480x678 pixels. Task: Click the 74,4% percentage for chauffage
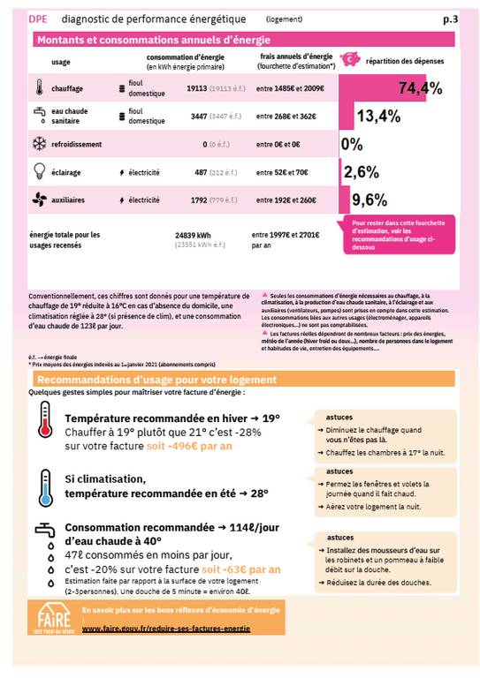pos(421,88)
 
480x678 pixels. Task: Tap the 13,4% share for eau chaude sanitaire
pos(378,116)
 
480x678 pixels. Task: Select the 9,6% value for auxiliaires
pos(370,199)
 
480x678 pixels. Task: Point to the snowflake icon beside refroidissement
pos(40,144)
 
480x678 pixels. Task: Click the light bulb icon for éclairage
pos(40,171)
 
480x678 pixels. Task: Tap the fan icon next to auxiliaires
pos(40,200)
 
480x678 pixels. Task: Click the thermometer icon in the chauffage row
pos(40,88)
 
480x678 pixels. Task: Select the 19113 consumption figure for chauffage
pos(196,89)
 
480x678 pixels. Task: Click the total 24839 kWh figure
pos(193,235)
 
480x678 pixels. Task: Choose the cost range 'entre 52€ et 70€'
pos(282,172)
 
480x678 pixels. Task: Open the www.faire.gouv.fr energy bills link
pos(165,629)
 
